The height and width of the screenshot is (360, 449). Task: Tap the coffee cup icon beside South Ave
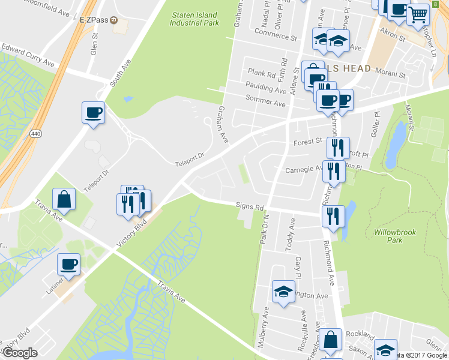[x=94, y=112]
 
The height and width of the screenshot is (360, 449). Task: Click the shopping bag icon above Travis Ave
[x=64, y=199]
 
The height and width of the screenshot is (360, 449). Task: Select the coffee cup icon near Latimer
[x=68, y=264]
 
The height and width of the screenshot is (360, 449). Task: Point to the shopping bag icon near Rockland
[x=330, y=340]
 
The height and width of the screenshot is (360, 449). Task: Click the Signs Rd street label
[x=250, y=207]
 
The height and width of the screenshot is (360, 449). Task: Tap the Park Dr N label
[x=262, y=229]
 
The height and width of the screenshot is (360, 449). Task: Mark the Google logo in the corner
[x=20, y=353]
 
